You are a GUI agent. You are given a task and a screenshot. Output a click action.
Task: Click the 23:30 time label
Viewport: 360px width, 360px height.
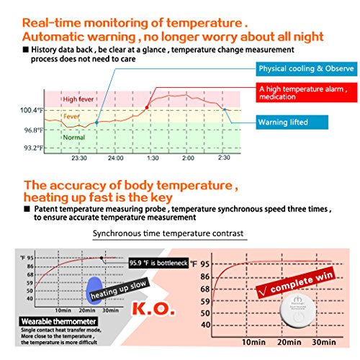pos(79,157)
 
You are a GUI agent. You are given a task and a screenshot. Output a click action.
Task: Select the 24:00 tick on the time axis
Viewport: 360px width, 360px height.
pos(115,157)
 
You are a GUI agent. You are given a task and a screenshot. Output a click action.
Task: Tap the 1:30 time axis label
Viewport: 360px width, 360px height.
pos(152,157)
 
